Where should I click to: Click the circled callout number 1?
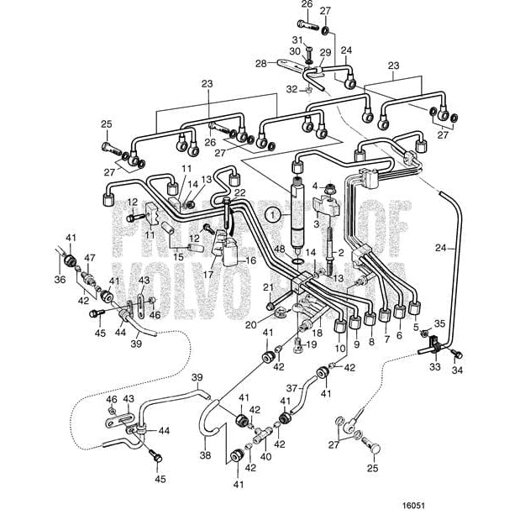(272, 215)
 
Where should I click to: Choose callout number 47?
(90, 258)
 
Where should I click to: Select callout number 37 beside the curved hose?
(292, 389)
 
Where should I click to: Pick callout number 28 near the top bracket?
(260, 63)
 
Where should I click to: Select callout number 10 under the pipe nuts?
(340, 347)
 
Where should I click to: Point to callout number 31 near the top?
(296, 39)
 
